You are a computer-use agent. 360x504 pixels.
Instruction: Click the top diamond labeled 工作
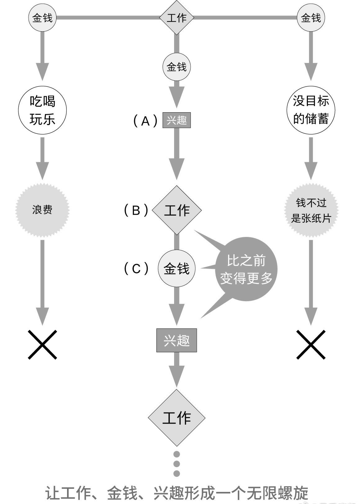pyautogui.click(x=177, y=18)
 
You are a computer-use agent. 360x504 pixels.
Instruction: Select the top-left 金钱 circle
pyautogui.click(x=42, y=18)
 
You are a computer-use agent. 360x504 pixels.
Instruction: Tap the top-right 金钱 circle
pyautogui.click(x=311, y=18)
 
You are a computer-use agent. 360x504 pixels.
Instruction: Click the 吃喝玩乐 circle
pyautogui.click(x=43, y=110)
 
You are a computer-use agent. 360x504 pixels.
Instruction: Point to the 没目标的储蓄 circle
pyautogui.click(x=311, y=110)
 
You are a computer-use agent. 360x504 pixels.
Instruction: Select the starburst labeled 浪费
pyautogui.click(x=42, y=210)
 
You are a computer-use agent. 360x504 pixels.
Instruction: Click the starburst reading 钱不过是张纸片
pyautogui.click(x=311, y=211)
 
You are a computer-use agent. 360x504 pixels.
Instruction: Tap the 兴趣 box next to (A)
pyautogui.click(x=177, y=120)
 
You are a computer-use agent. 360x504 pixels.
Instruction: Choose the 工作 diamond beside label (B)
pyautogui.click(x=177, y=210)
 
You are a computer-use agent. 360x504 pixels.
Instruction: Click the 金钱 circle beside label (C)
pyautogui.click(x=177, y=269)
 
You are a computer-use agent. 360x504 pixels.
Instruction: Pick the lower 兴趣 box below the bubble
pyautogui.click(x=177, y=341)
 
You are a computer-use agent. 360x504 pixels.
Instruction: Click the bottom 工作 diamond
pyautogui.click(x=177, y=418)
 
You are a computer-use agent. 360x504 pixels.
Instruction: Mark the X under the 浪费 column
pyautogui.click(x=43, y=345)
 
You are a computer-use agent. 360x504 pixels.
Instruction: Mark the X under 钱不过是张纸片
pyautogui.click(x=311, y=345)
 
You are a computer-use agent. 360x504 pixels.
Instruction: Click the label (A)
pyautogui.click(x=145, y=121)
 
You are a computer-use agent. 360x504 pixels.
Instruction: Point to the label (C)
pyautogui.click(x=136, y=269)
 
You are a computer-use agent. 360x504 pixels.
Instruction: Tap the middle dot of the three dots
pyautogui.click(x=177, y=464)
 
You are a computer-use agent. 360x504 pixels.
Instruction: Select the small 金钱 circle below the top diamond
pyautogui.click(x=177, y=67)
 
